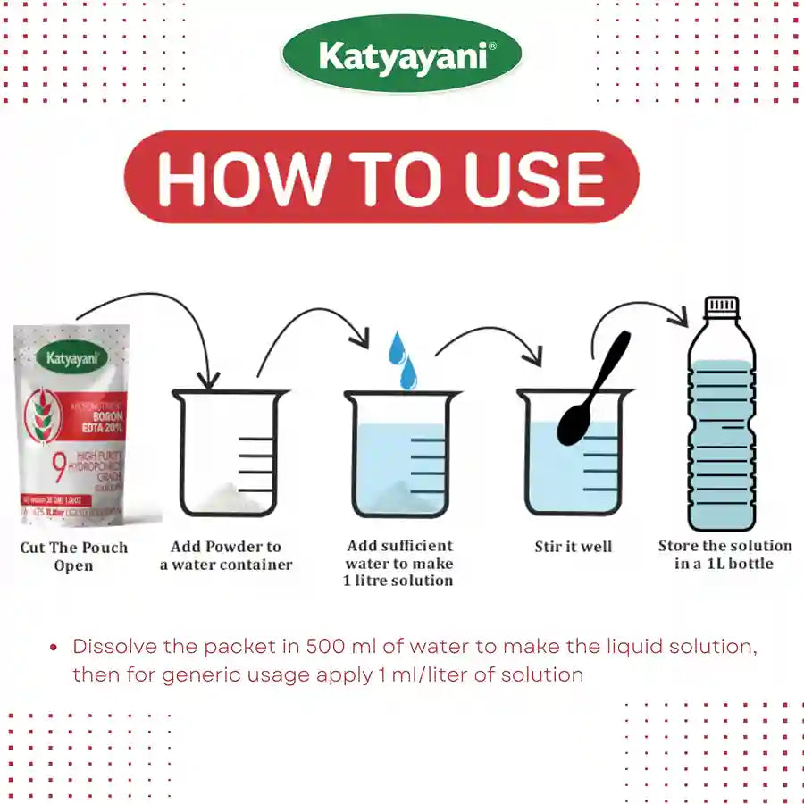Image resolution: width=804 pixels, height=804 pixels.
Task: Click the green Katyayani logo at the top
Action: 401,57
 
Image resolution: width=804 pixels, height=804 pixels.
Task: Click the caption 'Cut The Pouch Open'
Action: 74,556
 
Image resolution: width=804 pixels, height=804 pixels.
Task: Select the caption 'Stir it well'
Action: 574,546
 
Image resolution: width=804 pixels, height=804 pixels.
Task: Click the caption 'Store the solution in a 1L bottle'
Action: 724,554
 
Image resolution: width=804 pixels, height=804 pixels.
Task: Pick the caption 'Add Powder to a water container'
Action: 226,555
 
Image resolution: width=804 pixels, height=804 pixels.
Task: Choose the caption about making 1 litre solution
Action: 399,563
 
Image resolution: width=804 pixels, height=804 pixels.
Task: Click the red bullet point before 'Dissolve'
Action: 54,648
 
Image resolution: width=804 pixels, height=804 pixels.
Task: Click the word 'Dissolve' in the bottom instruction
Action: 113,647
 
